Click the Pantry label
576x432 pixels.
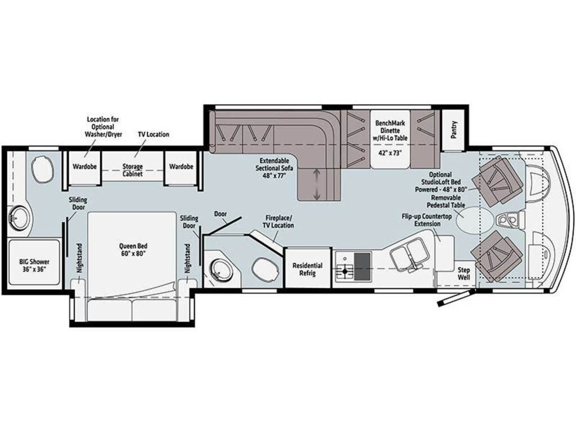(454, 130)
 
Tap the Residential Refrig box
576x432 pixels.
(307, 269)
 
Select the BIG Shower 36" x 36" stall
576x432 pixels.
(33, 265)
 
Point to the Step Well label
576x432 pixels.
(463, 273)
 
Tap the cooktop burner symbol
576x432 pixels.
(343, 272)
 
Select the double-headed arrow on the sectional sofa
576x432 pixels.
(317, 184)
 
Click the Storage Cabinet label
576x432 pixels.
(133, 170)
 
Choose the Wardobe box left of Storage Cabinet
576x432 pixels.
(85, 167)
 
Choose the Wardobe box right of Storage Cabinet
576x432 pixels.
(181, 167)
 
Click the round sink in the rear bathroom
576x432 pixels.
(19, 218)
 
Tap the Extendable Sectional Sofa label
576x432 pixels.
(274, 168)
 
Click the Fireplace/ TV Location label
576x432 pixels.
(280, 221)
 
